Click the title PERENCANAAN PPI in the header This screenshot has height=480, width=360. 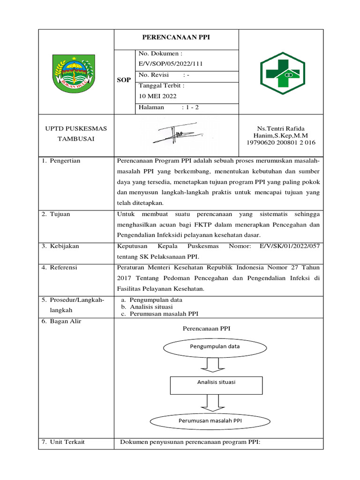176,38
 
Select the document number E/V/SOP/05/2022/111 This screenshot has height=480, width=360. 171,64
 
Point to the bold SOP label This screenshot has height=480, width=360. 124,80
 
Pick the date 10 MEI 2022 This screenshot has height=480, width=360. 158,96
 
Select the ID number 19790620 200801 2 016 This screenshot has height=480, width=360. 281,142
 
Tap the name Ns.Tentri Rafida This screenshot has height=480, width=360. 281,128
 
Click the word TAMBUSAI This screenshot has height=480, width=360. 75,139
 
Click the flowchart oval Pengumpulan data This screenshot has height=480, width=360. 215,347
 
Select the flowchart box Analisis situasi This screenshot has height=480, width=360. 216,382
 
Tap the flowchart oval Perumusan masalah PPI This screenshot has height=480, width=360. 210,421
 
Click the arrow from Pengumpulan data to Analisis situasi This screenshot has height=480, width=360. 215,364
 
